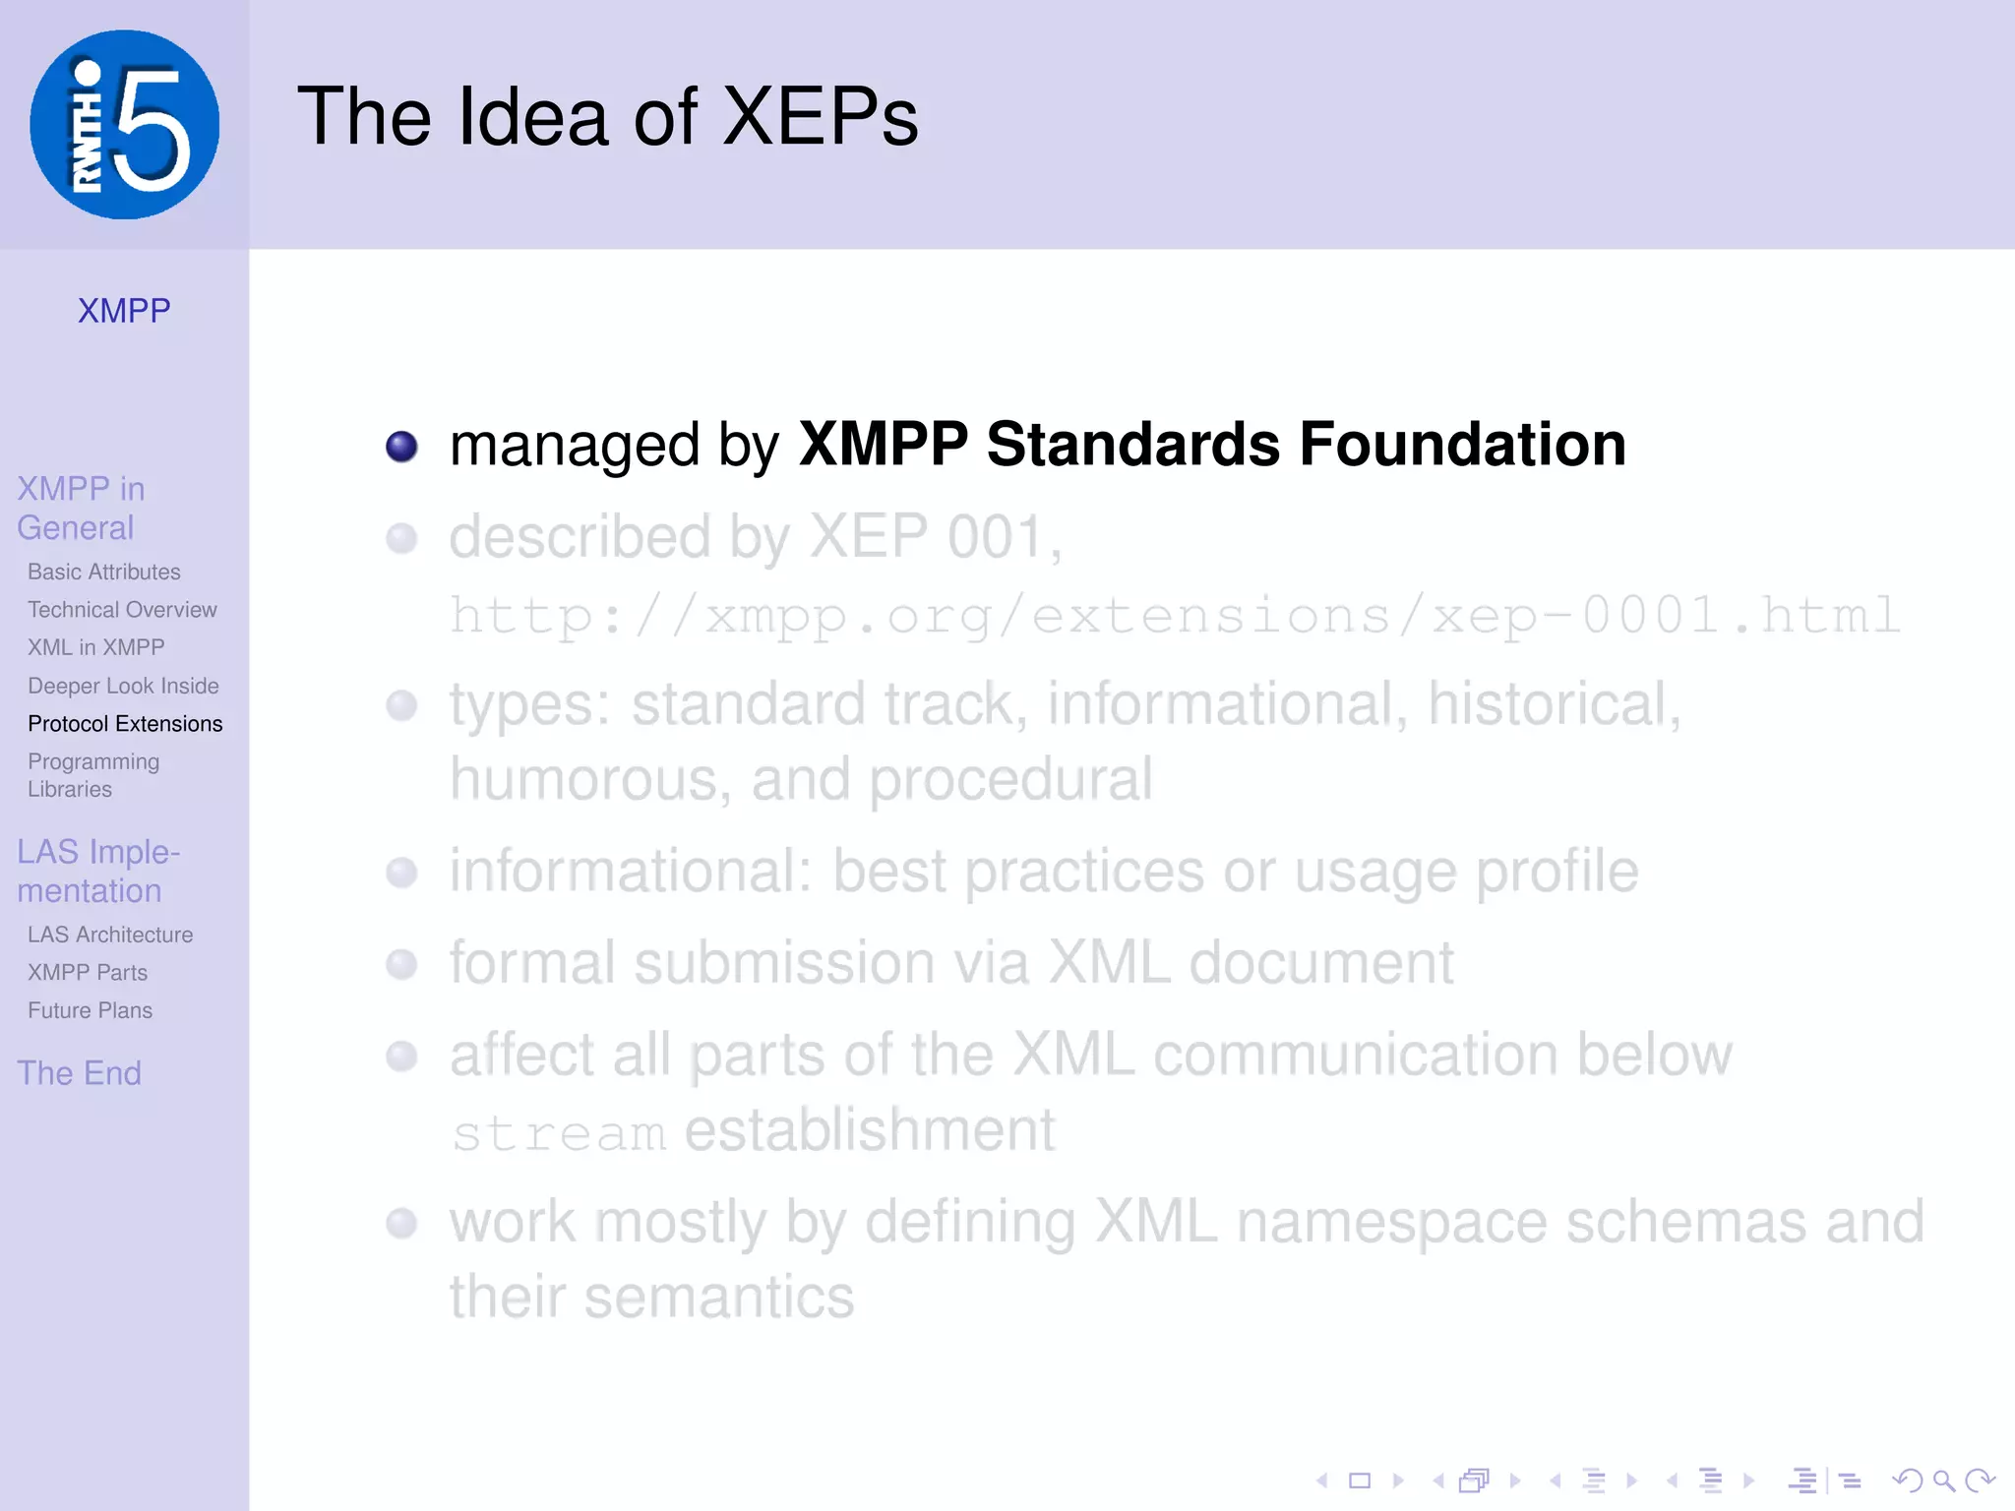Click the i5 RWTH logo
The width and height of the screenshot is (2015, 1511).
click(125, 125)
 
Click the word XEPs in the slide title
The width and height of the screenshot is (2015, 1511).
click(820, 117)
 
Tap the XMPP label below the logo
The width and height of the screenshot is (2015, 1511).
click(124, 311)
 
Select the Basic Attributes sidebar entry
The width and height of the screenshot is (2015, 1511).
click(104, 572)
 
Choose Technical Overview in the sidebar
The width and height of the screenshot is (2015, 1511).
click(122, 610)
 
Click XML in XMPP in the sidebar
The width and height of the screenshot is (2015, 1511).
click(96, 647)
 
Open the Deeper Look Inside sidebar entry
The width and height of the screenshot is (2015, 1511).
click(123, 686)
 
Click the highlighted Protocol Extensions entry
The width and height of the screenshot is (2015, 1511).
click(125, 724)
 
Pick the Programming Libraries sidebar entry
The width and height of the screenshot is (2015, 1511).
click(93, 775)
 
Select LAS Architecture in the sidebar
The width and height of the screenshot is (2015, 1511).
click(110, 935)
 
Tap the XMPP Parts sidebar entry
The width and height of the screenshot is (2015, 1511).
click(88, 973)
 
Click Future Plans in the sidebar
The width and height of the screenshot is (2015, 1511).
click(90, 1010)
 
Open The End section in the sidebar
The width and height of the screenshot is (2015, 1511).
click(79, 1073)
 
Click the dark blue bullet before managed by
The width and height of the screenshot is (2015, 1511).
click(401, 447)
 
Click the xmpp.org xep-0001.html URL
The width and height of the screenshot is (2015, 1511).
click(1175, 617)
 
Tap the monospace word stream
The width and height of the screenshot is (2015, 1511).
click(558, 1133)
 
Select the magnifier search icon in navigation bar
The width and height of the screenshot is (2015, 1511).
click(1943, 1481)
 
